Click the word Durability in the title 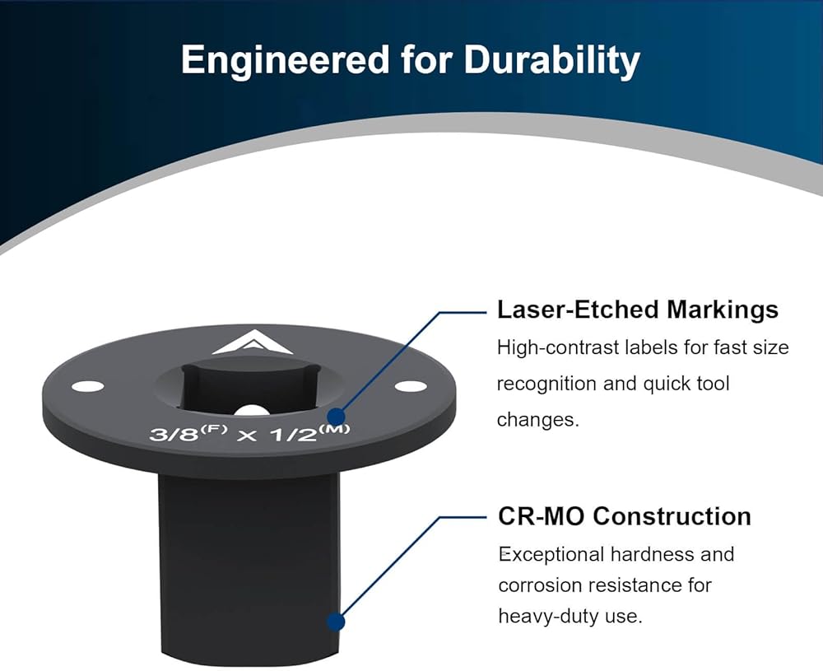[x=551, y=60]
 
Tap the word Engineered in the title [x=285, y=59]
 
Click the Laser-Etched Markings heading [x=638, y=310]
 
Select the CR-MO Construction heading [x=625, y=517]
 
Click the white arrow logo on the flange [x=253, y=342]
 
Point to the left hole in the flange [x=88, y=387]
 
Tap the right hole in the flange [x=411, y=386]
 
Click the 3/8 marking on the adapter [x=174, y=434]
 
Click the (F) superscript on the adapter [x=214, y=428]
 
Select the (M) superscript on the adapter [x=334, y=428]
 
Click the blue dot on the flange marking [x=336, y=417]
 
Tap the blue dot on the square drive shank [x=336, y=622]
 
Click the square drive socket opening [x=249, y=384]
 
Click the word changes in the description [x=538, y=420]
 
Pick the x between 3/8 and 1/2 [x=247, y=436]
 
